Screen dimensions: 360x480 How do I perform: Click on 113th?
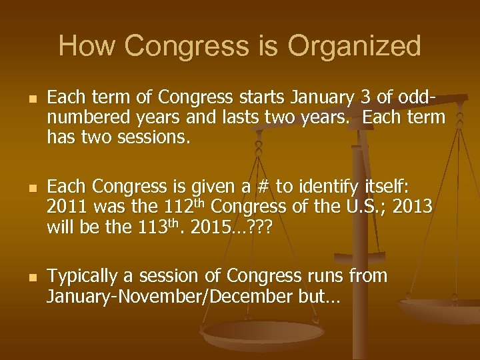click(x=162, y=227)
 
